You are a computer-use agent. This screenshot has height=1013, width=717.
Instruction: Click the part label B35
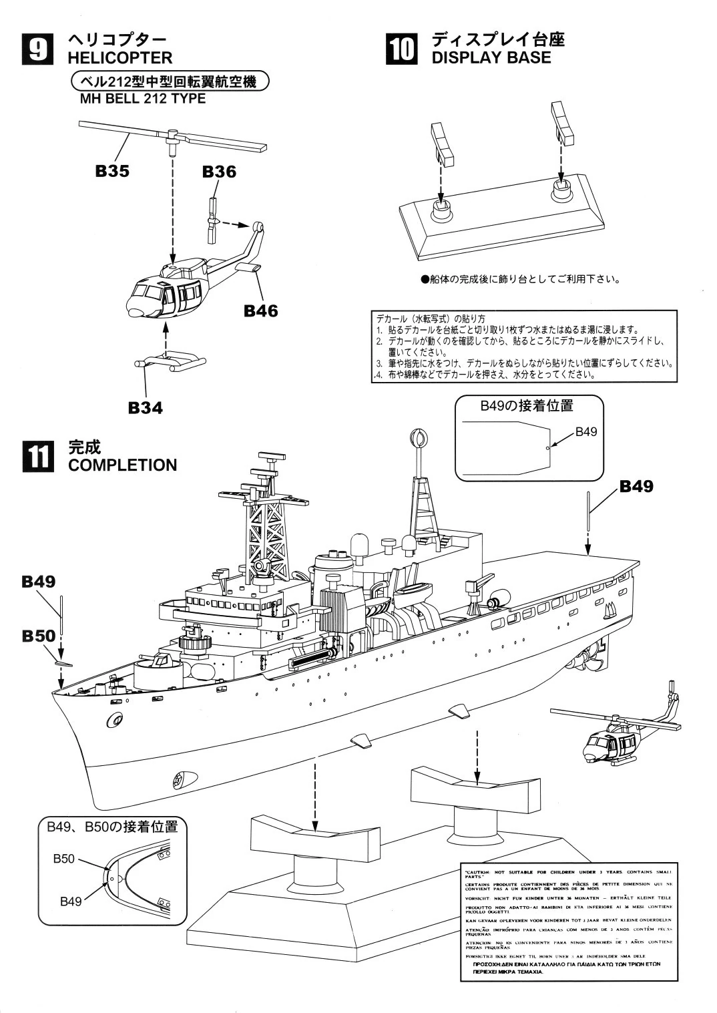[112, 171]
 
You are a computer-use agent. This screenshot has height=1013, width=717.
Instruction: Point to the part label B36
[219, 172]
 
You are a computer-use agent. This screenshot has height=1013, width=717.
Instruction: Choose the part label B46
[260, 311]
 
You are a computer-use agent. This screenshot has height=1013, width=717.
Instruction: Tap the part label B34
[146, 407]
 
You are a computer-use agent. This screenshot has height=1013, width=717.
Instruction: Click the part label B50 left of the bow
[37, 636]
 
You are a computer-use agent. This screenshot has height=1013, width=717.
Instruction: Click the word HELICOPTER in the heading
[120, 58]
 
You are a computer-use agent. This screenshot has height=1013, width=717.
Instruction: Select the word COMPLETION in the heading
[122, 465]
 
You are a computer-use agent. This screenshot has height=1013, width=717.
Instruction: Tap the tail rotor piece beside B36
[213, 220]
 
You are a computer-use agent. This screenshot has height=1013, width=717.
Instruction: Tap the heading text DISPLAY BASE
[491, 57]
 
